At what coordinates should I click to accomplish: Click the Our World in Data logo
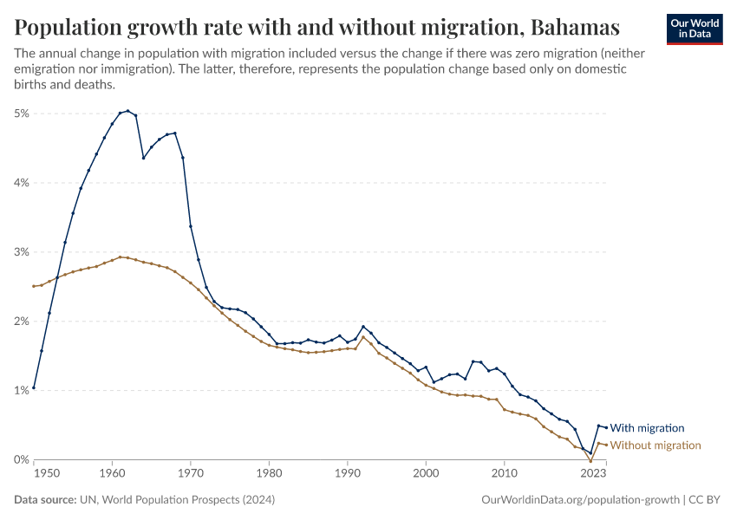694,29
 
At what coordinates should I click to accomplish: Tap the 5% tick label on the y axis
22,114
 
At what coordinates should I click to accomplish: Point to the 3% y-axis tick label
22,252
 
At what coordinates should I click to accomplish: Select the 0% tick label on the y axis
22,459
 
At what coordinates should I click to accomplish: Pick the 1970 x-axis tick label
190,474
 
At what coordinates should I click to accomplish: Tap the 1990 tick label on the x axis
347,474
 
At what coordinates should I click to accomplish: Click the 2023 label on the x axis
593,474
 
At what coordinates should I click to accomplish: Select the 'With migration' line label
647,428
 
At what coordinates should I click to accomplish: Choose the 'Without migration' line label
655,445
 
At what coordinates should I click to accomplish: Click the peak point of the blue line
127,111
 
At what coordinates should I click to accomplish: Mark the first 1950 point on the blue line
34,387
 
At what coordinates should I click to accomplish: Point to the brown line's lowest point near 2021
590,461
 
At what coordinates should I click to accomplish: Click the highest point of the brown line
120,257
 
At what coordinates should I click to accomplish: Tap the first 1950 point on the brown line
34,286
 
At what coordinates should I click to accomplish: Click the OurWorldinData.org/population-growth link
579,500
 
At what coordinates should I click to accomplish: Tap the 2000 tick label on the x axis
426,474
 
